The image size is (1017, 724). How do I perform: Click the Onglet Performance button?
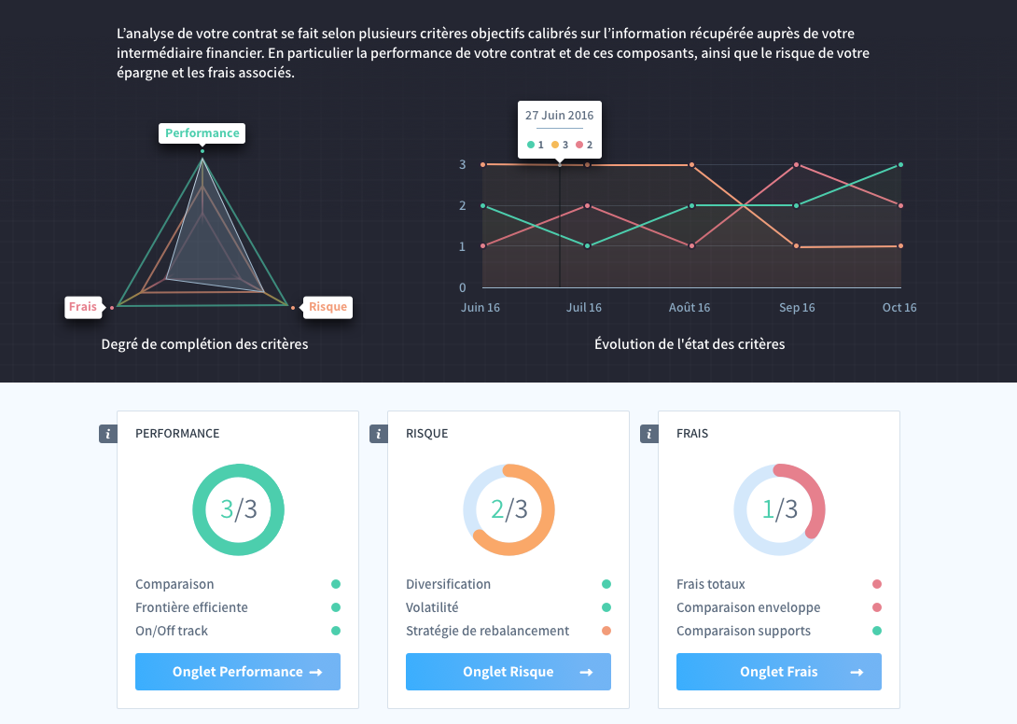pyautogui.click(x=237, y=672)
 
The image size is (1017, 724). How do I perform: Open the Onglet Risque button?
pyautogui.click(x=508, y=672)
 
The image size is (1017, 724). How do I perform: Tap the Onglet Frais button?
pyautogui.click(x=778, y=672)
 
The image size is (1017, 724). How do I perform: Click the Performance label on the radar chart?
pyautogui.click(x=202, y=133)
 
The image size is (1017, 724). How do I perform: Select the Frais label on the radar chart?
pyautogui.click(x=84, y=307)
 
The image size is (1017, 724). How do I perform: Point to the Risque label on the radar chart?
pyautogui.click(x=327, y=307)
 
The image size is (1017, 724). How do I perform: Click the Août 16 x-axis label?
pyautogui.click(x=690, y=308)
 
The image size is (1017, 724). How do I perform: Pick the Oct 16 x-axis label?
pyautogui.click(x=899, y=308)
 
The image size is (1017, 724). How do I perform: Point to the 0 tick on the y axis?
pyautogui.click(x=463, y=287)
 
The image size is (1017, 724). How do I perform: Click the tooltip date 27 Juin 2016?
pyautogui.click(x=559, y=116)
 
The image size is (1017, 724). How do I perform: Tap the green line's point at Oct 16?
pyautogui.click(x=900, y=165)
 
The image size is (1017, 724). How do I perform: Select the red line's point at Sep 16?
pyautogui.click(x=797, y=165)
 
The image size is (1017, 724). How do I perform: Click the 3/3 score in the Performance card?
pyautogui.click(x=239, y=509)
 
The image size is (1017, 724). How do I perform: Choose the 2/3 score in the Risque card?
pyautogui.click(x=509, y=509)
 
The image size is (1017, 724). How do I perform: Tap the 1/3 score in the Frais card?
pyautogui.click(x=780, y=509)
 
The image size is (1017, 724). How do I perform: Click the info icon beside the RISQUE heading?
pyautogui.click(x=378, y=434)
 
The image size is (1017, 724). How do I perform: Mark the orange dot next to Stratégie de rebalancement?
pyautogui.click(x=606, y=631)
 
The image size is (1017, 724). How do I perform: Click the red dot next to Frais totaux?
pyautogui.click(x=877, y=584)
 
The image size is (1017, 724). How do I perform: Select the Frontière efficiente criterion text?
pyautogui.click(x=191, y=607)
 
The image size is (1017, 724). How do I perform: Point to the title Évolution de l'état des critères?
pyautogui.click(x=690, y=344)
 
